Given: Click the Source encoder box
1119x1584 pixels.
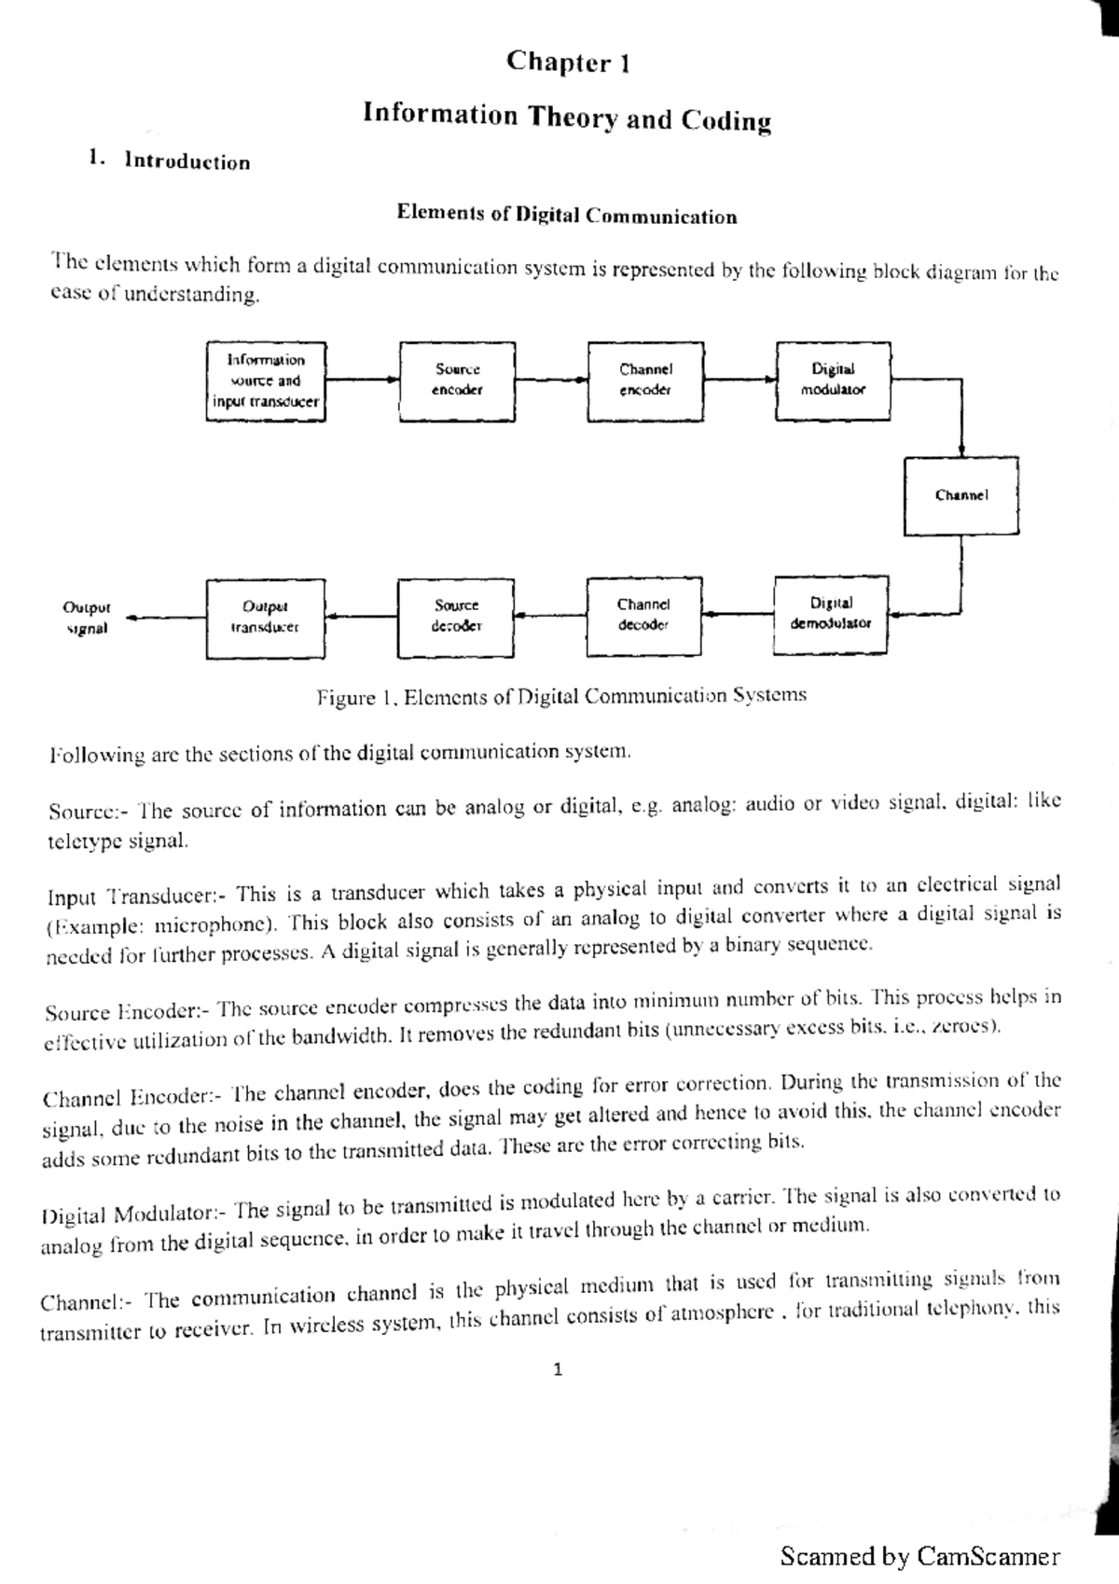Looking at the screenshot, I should [x=457, y=381].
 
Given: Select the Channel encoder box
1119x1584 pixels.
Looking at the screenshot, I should [x=645, y=381].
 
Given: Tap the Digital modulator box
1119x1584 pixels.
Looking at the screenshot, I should [x=833, y=381].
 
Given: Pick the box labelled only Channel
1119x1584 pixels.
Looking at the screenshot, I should [x=960, y=495].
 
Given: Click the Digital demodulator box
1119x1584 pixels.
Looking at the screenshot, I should [x=830, y=615].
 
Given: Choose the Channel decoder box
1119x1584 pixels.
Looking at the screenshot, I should [x=643, y=616].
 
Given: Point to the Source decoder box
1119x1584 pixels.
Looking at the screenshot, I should [x=456, y=617].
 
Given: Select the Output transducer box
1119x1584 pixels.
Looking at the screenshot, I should [x=265, y=618].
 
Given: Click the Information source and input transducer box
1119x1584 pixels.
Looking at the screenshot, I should [x=266, y=381].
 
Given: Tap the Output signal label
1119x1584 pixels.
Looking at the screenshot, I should [x=86, y=618].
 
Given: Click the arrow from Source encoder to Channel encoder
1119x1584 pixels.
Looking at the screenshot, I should [x=550, y=380].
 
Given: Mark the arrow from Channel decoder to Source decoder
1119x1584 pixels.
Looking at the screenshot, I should [x=550, y=615].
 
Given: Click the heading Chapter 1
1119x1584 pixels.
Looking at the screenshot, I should [x=568, y=63].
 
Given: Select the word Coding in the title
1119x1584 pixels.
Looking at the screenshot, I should [x=726, y=120].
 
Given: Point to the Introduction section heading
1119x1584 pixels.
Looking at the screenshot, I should [x=186, y=162].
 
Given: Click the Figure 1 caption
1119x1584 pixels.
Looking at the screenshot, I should [x=561, y=696].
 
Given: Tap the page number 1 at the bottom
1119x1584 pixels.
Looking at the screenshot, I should [x=558, y=1370].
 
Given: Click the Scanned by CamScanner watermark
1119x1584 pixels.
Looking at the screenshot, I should [x=919, y=1556].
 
